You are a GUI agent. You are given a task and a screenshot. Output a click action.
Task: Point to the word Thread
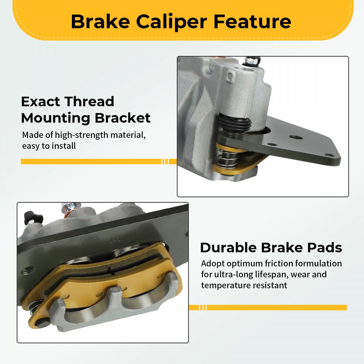click(x=89, y=101)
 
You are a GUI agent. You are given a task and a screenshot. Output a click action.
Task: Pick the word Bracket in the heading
click(x=123, y=118)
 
